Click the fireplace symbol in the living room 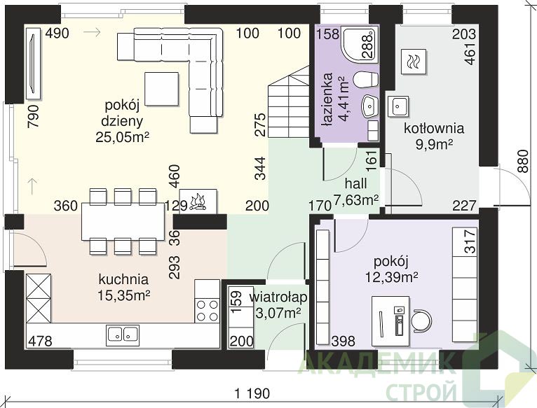(198, 202)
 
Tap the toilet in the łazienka (365, 80)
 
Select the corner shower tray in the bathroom (360, 45)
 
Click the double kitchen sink (123, 334)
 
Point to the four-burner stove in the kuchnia (208, 310)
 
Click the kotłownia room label (434, 129)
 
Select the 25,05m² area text (122, 137)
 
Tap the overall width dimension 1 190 (252, 393)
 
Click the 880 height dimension (523, 162)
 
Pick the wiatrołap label (278, 297)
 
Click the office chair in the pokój (421, 321)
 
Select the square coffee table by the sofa (162, 89)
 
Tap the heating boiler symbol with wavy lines (414, 62)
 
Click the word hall (356, 183)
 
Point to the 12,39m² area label (391, 276)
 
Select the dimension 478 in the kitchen (40, 341)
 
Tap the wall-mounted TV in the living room (34, 64)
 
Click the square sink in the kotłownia (399, 106)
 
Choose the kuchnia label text (123, 279)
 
